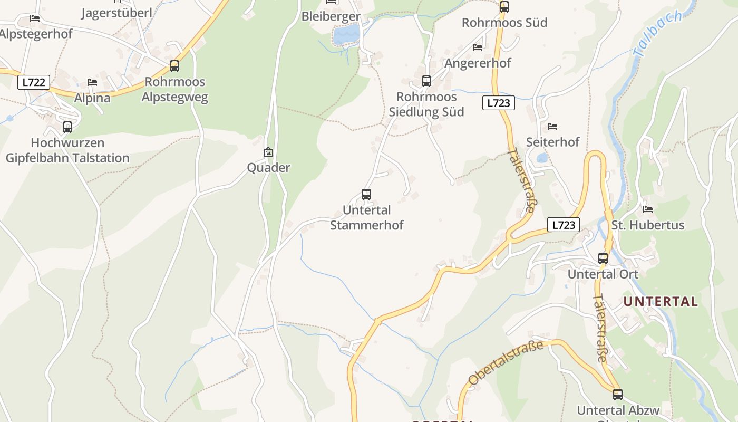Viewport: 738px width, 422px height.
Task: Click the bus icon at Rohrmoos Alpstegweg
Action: pos(174,66)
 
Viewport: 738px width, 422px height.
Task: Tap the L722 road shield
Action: pos(34,82)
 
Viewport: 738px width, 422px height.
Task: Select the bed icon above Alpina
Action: pos(92,82)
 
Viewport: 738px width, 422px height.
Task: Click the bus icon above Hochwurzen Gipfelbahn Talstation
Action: pos(67,127)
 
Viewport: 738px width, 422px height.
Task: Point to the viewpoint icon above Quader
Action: pos(268,152)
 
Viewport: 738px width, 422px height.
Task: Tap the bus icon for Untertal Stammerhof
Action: pos(366,195)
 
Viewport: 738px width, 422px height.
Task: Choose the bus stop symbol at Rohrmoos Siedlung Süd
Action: pos(426,81)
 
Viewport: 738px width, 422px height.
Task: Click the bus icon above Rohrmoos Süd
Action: pos(504,7)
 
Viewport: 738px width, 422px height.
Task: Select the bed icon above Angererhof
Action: pos(478,47)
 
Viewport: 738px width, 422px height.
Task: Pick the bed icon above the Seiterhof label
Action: pos(552,127)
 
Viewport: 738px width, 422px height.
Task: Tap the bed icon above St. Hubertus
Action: pos(648,209)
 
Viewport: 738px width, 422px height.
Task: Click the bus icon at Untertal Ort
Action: pos(603,258)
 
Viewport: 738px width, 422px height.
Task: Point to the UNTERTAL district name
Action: pos(661,302)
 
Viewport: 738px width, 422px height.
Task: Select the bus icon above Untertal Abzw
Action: pos(618,394)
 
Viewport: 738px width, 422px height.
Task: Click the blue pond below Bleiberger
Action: pos(346,35)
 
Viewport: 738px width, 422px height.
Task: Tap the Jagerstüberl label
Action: pos(116,13)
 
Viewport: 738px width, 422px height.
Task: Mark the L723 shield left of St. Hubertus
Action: pos(563,225)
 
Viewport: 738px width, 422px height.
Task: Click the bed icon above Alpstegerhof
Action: pos(35,18)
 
